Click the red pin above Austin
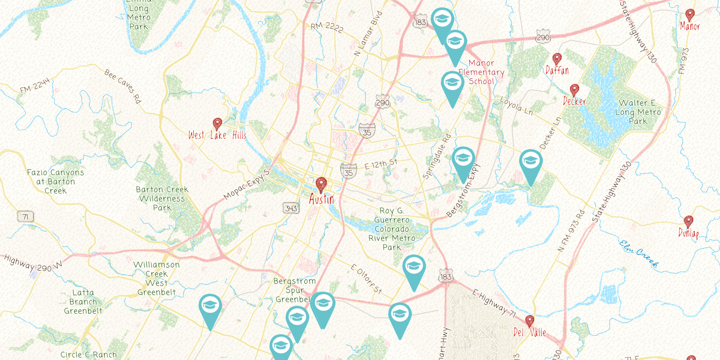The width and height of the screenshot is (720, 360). [x=321, y=184]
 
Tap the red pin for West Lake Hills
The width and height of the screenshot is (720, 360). [x=217, y=123]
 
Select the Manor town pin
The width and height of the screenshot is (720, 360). [x=690, y=14]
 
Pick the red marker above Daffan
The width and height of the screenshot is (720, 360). [x=557, y=58]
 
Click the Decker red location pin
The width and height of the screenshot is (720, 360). [x=574, y=90]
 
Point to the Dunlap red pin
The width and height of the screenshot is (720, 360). [x=688, y=221]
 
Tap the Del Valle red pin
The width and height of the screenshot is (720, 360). [x=529, y=321]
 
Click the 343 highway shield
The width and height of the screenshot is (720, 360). [x=291, y=208]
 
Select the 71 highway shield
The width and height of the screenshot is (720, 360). [x=25, y=217]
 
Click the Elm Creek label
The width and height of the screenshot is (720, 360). [x=639, y=254]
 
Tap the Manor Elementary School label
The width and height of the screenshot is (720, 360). [x=481, y=72]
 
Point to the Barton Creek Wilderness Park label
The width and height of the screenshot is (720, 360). [x=162, y=199]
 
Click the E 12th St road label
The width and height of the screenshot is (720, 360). [x=381, y=164]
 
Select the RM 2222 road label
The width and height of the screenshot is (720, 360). [x=327, y=27]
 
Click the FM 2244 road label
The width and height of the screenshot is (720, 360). [x=35, y=85]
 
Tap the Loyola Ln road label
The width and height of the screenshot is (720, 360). [x=516, y=106]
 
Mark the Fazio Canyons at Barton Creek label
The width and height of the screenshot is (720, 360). [x=55, y=181]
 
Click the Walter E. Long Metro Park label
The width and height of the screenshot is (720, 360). [x=638, y=112]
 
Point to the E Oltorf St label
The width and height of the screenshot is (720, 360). [x=366, y=279]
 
